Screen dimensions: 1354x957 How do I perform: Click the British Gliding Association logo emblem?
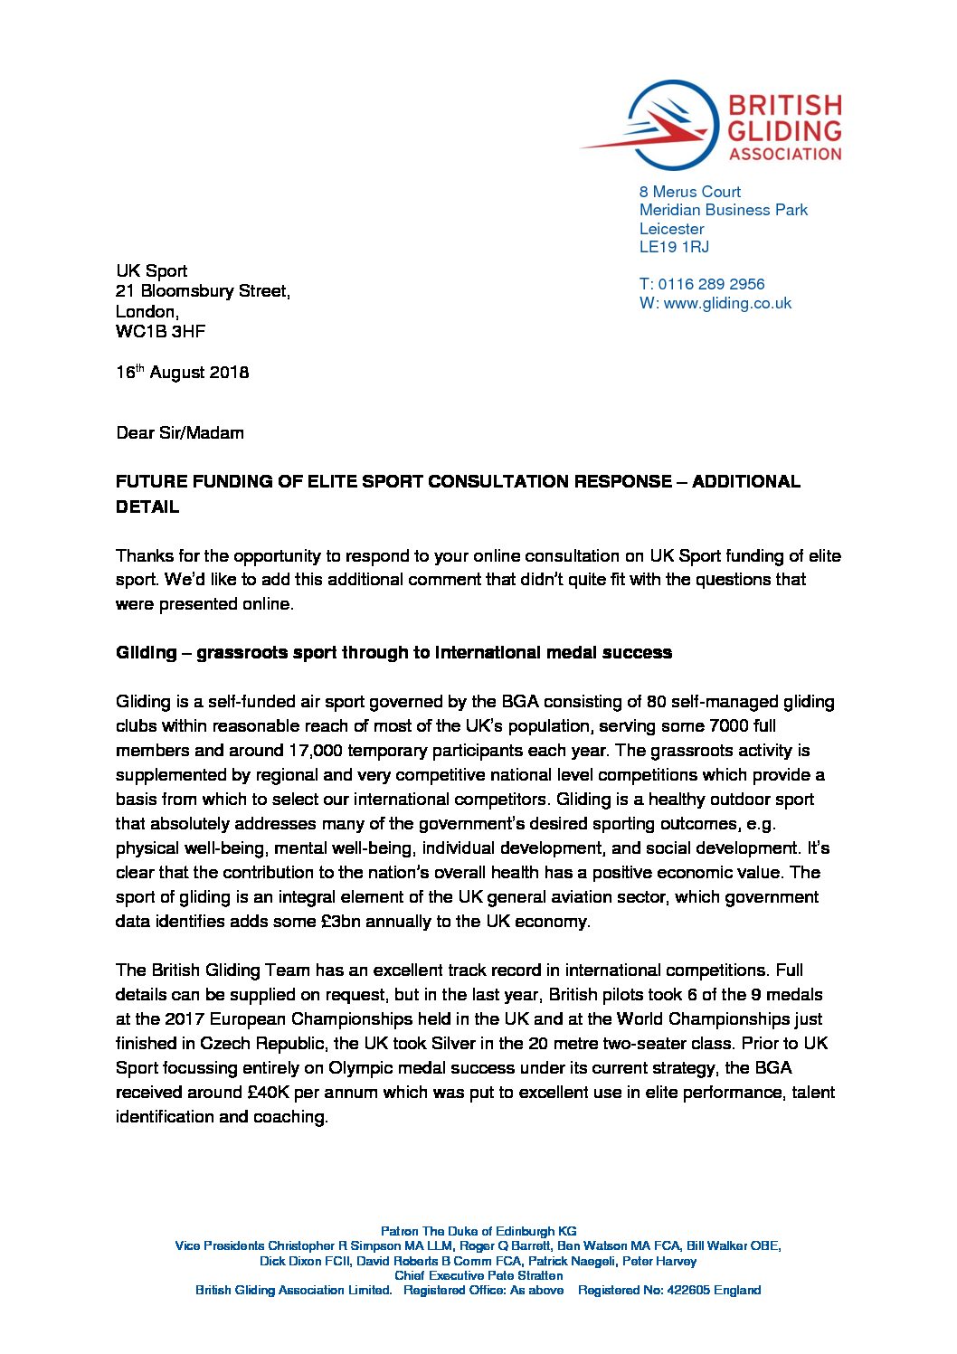(665, 125)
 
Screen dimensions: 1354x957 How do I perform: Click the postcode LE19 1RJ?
(674, 247)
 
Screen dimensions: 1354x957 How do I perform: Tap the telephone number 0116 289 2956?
(711, 284)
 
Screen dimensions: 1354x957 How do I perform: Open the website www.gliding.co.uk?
(727, 304)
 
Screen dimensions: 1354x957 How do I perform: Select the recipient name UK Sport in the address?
(151, 270)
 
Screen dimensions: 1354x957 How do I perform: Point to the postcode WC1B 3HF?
(160, 332)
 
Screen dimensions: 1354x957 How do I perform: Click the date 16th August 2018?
(182, 373)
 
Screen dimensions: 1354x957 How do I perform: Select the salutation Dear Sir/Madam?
(180, 433)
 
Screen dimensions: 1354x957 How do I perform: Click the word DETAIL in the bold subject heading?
(147, 507)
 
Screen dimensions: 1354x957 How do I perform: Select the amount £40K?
(268, 1093)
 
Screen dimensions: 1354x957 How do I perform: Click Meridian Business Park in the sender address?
(724, 210)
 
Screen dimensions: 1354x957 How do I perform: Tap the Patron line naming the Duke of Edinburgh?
(478, 1231)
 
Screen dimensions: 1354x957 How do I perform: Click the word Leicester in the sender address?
(671, 229)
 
